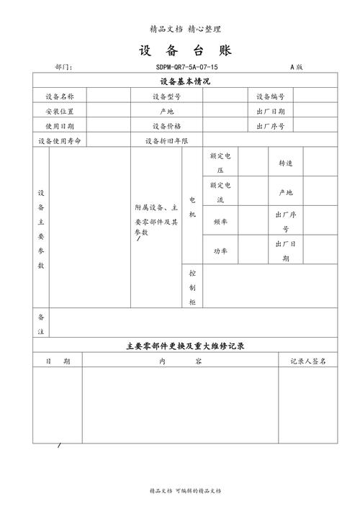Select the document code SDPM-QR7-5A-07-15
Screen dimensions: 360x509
[x=186, y=67]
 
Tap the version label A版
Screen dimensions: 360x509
[x=296, y=67]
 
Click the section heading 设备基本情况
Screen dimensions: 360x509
[x=185, y=81]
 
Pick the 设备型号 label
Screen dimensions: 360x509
[x=166, y=96]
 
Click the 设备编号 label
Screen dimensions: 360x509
[x=271, y=96]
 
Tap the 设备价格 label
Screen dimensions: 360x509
[x=166, y=126]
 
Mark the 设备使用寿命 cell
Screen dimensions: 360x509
[x=59, y=141]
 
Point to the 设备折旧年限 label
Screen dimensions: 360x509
[x=166, y=141]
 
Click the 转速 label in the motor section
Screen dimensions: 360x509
[x=285, y=163]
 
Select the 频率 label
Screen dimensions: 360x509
[x=220, y=222]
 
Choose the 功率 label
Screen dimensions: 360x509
[x=220, y=251]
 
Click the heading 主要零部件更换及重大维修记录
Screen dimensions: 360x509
[x=185, y=346]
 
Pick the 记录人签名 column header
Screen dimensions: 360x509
[x=308, y=361]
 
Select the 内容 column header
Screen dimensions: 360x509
[x=179, y=361]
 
